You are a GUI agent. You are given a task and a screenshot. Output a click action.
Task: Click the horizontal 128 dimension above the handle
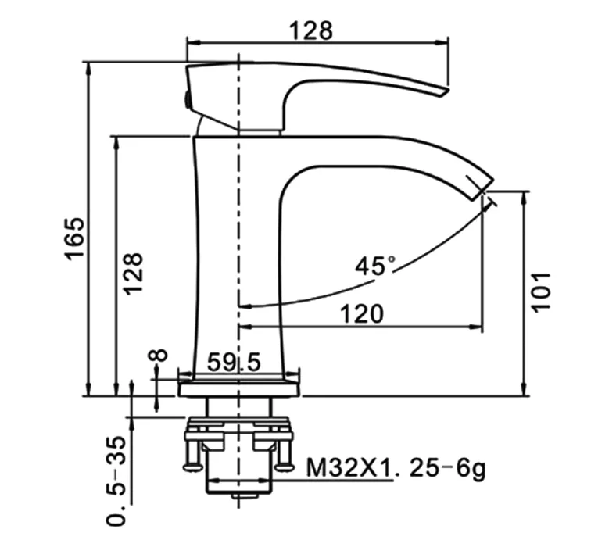[x=311, y=30]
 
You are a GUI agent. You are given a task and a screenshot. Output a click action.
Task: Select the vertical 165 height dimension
[x=74, y=238]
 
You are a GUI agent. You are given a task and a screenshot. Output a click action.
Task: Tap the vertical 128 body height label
[x=133, y=273]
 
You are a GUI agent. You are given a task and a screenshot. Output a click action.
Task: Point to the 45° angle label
[x=375, y=266]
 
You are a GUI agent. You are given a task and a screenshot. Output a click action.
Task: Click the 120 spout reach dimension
[x=361, y=314]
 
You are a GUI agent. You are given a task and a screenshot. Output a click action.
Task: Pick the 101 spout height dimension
[x=541, y=292]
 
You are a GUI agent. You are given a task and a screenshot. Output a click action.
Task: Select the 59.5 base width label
[x=234, y=362]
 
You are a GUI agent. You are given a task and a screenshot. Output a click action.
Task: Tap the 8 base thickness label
[x=157, y=356]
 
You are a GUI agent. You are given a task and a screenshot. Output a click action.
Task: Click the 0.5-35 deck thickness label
[x=116, y=481]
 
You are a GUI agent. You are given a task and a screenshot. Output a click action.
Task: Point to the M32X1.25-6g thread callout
[x=396, y=468]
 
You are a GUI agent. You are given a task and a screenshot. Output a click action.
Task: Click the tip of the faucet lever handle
[x=447, y=91]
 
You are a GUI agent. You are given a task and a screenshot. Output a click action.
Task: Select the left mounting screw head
[x=193, y=467]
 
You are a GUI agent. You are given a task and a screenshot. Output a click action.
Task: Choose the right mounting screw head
[x=284, y=467]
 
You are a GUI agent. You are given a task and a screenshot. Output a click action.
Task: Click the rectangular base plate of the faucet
[x=239, y=389]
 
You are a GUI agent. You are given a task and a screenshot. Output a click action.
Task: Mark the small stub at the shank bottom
[x=245, y=495]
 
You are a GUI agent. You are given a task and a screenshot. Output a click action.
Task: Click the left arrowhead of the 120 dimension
[x=245, y=326]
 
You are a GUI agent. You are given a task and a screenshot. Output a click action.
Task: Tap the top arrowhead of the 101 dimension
[x=524, y=198]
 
